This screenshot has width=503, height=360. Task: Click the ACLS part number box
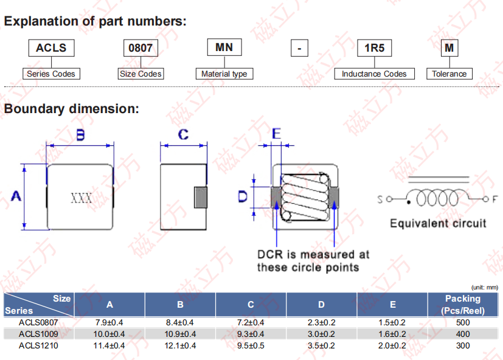[51, 48]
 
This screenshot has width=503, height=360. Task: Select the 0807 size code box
[140, 48]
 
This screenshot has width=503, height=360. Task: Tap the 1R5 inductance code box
[375, 48]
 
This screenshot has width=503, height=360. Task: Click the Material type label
[224, 74]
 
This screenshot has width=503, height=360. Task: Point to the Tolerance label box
[449, 74]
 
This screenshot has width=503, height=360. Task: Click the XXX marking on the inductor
[81, 198]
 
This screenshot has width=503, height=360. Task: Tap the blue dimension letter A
[16, 196]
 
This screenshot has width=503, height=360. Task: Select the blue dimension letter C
[183, 134]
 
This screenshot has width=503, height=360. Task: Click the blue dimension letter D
[243, 196]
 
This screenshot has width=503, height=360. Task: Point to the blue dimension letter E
[276, 133]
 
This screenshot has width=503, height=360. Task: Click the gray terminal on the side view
[201, 197]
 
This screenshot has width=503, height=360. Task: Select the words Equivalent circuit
[438, 223]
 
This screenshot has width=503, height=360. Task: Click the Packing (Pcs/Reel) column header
[463, 305]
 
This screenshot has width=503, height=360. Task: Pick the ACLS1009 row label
[38, 334]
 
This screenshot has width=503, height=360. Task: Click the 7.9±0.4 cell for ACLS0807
[109, 322]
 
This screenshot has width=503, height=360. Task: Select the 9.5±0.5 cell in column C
[251, 345]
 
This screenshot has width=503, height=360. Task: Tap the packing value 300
[463, 345]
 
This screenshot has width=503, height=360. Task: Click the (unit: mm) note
[484, 288]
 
